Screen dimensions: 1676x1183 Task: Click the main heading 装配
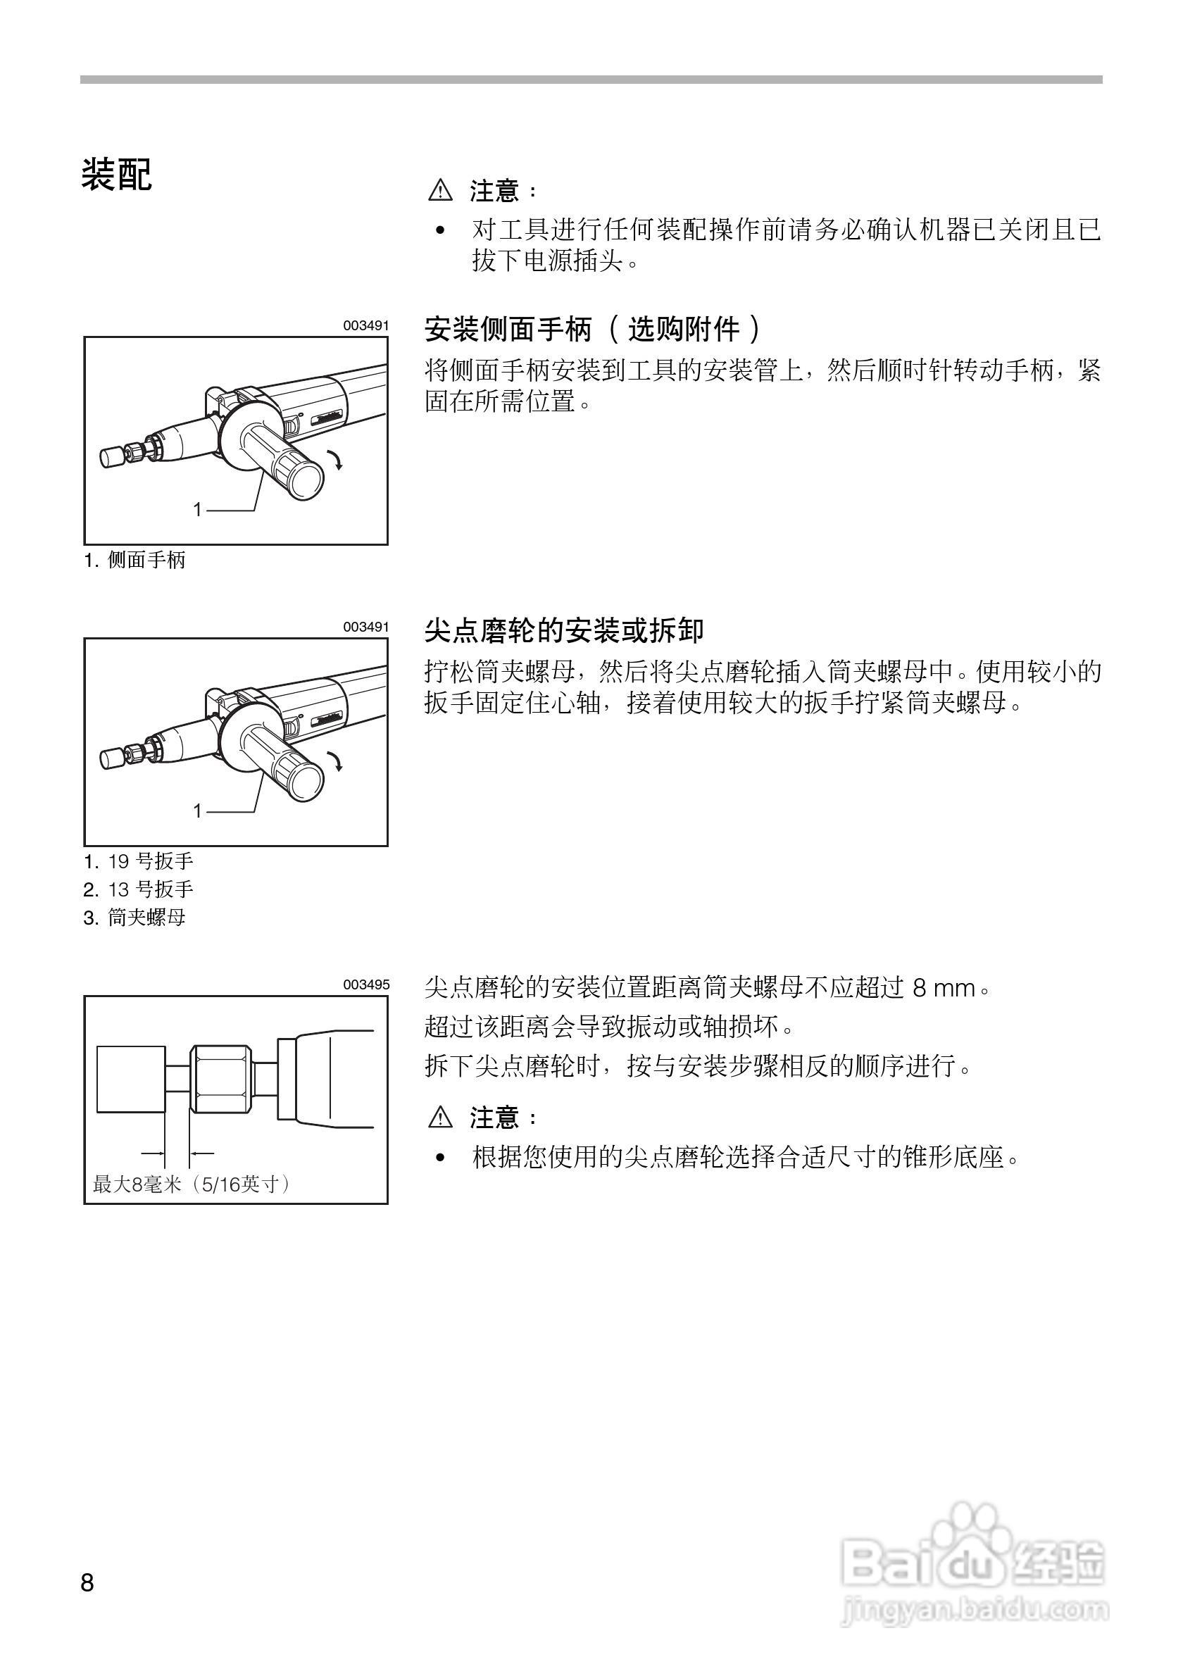coord(116,175)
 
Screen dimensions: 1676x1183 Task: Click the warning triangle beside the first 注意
coord(440,192)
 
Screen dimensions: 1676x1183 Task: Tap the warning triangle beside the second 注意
coord(440,1118)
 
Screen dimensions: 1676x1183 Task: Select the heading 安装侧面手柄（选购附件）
coord(593,330)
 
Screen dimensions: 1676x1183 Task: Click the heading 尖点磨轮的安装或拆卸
coord(564,630)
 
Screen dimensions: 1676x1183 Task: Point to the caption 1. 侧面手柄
coord(135,560)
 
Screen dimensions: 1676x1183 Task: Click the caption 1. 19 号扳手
coord(139,861)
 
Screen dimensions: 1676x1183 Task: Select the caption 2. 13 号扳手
coord(139,889)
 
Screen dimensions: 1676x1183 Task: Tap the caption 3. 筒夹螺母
coord(135,918)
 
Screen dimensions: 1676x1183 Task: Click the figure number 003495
coord(366,984)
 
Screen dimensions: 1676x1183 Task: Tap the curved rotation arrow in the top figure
coord(336,461)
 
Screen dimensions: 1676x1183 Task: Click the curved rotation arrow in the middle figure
coord(336,761)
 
